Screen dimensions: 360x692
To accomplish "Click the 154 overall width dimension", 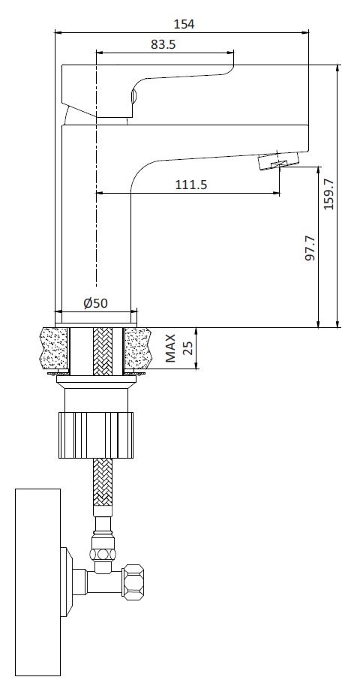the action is (184, 24).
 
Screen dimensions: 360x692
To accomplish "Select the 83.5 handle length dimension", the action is (163, 44).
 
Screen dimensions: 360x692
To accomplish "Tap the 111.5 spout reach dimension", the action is (191, 185).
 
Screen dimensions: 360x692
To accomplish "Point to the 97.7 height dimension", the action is (310, 248).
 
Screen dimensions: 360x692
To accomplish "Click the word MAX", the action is (170, 348).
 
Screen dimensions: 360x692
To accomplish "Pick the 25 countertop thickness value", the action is (188, 348).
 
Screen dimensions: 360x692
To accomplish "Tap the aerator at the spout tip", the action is (278, 159).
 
